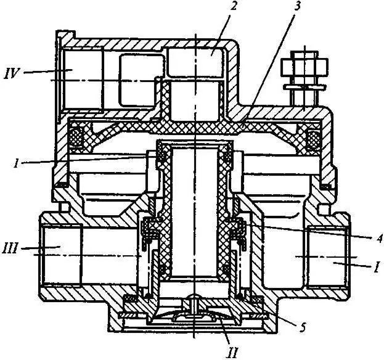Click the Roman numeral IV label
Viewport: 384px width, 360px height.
12,73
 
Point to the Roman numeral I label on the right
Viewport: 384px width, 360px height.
377,267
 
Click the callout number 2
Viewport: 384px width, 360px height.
234,6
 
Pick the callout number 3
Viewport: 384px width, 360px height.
296,6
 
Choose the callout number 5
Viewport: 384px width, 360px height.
303,327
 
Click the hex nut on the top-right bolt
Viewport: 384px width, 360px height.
304,67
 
